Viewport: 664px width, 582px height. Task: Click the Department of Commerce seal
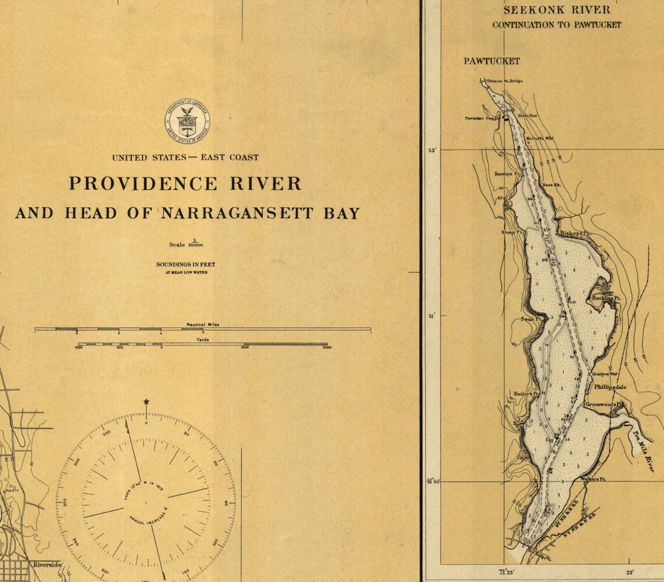pyautogui.click(x=187, y=121)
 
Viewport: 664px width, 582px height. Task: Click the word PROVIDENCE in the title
pyautogui.click(x=136, y=184)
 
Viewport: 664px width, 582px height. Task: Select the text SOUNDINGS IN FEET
pyautogui.click(x=185, y=264)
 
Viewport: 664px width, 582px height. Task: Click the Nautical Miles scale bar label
pyautogui.click(x=203, y=324)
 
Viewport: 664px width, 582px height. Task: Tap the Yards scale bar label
pyautogui.click(x=203, y=338)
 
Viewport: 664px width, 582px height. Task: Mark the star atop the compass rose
pyautogui.click(x=146, y=402)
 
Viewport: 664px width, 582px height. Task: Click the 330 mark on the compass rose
pyautogui.click(x=106, y=434)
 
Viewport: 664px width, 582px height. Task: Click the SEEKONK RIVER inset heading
pyautogui.click(x=557, y=10)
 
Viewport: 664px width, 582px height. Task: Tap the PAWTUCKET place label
pyautogui.click(x=492, y=61)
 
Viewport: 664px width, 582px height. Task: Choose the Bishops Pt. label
pyautogui.click(x=575, y=233)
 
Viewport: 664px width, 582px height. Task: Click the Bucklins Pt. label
pyautogui.click(x=606, y=298)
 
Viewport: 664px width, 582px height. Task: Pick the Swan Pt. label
pyautogui.click(x=531, y=319)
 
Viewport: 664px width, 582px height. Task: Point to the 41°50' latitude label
pyautogui.click(x=432, y=482)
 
